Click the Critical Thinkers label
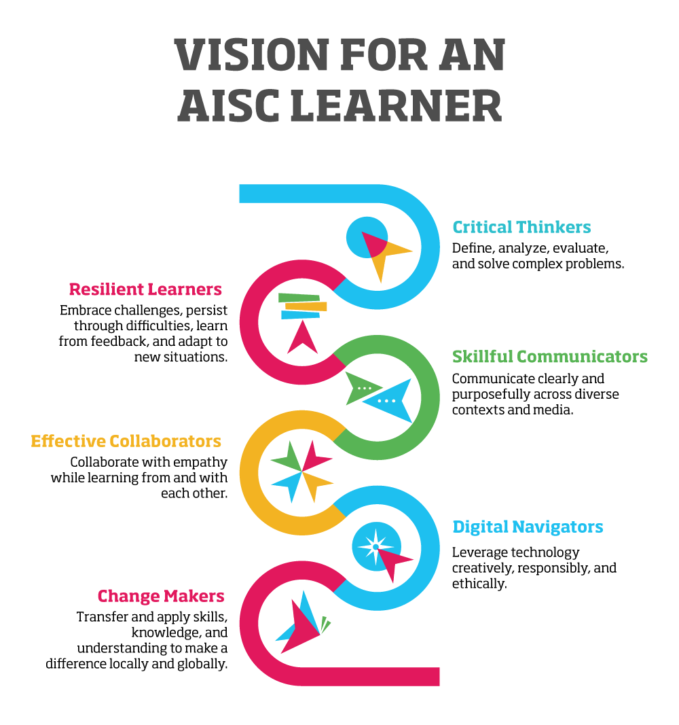pyautogui.click(x=521, y=227)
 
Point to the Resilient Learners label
pyautogui.click(x=145, y=289)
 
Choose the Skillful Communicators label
pyautogui.click(x=550, y=357)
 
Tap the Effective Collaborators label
pyautogui.click(x=126, y=441)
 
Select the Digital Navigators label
pyautogui.click(x=528, y=527)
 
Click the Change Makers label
pyautogui.click(x=161, y=596)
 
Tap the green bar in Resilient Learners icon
pyautogui.click(x=299, y=298)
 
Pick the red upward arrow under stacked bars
pyautogui.click(x=302, y=338)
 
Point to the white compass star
pyautogui.click(x=375, y=546)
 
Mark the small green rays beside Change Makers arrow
pyautogui.click(x=325, y=624)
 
